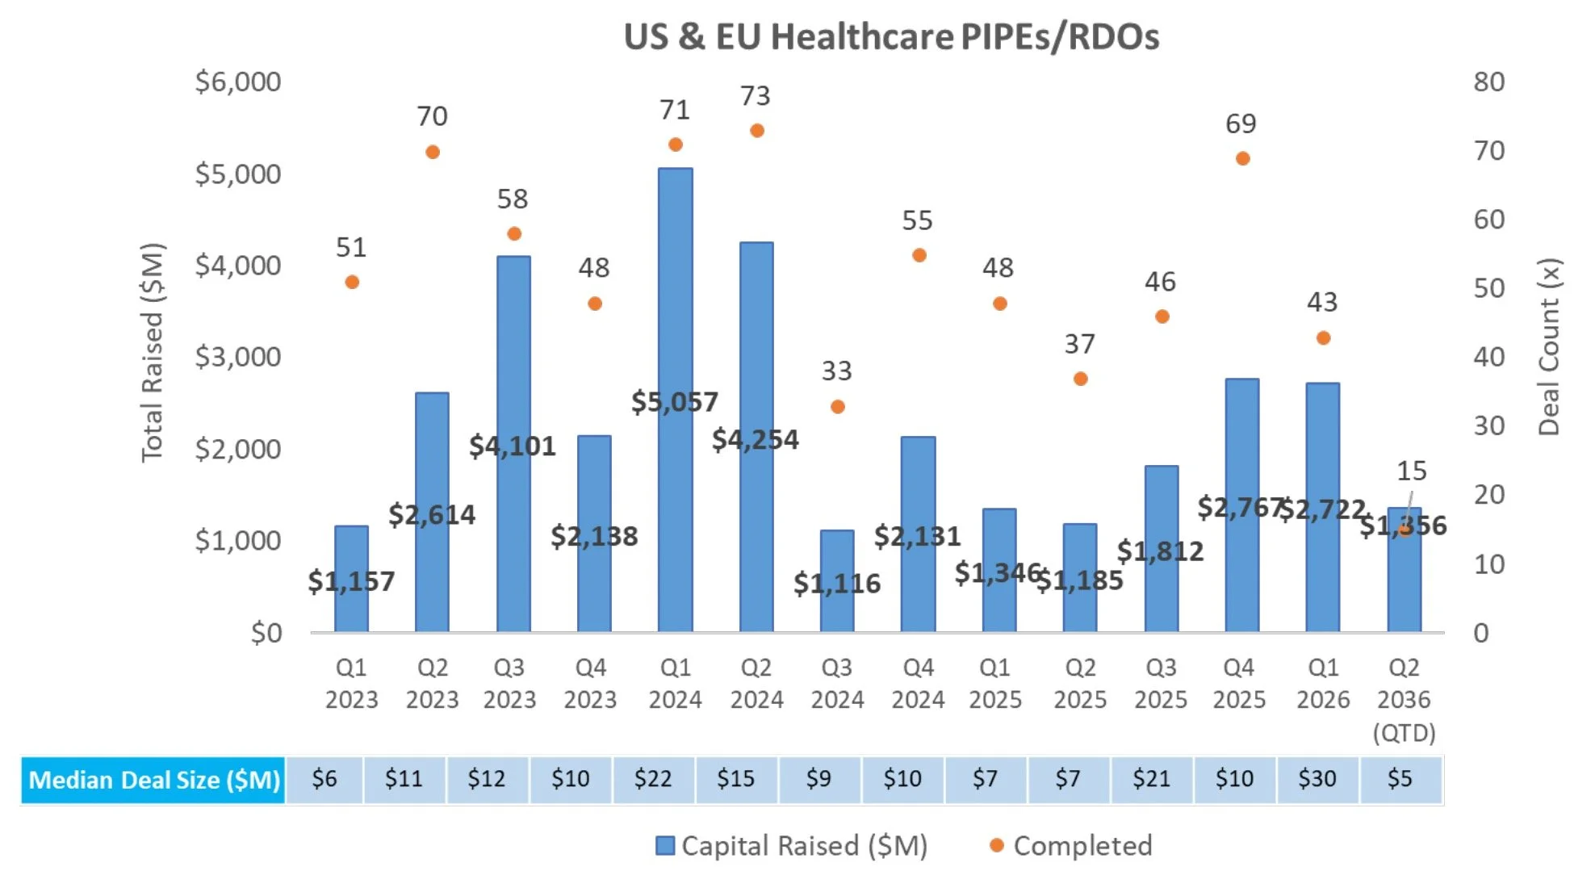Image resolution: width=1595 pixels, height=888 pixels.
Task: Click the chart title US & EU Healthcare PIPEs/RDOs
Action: tap(891, 37)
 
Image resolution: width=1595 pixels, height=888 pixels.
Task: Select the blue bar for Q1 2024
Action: tap(675, 323)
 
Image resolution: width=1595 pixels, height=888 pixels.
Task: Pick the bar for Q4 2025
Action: tap(1241, 452)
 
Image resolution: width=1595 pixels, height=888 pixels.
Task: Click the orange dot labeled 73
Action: tap(756, 131)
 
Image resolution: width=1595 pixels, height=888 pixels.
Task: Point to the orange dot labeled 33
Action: tap(838, 407)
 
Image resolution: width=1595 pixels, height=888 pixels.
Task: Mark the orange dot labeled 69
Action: tap(1243, 158)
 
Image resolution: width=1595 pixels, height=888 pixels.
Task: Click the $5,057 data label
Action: tap(675, 401)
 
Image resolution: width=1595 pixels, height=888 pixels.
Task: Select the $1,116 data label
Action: tap(837, 583)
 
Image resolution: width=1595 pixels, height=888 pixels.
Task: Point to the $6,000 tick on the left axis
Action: tap(238, 82)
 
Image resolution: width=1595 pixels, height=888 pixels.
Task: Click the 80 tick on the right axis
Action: tap(1489, 82)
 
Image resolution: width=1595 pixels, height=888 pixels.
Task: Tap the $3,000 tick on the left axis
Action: tap(238, 356)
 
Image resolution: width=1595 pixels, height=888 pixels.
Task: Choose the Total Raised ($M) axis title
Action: tap(153, 352)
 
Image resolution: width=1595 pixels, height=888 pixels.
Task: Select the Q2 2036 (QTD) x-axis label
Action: tap(1404, 699)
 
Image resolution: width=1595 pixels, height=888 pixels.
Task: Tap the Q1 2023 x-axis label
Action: tap(351, 683)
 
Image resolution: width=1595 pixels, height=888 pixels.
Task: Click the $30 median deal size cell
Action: tap(1317, 779)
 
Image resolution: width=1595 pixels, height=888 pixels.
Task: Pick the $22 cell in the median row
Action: tap(653, 779)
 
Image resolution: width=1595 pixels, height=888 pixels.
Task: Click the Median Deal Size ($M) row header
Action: tap(153, 780)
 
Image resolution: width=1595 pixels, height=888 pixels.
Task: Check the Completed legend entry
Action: tap(1070, 845)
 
